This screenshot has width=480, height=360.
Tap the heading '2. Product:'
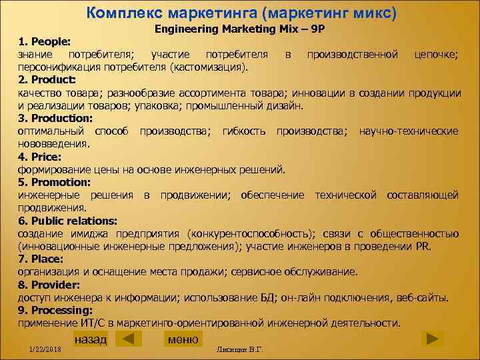tap(47, 80)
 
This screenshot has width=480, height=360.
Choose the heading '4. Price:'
tap(39, 157)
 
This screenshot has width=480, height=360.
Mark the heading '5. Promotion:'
tap(54, 182)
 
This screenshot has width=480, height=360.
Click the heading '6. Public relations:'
tap(67, 220)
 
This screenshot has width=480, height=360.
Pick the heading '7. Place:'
tap(41, 259)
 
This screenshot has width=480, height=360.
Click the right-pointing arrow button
tap(433, 338)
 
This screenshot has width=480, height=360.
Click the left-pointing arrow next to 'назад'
tap(129, 339)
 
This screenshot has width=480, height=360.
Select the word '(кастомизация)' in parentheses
tap(209, 67)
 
